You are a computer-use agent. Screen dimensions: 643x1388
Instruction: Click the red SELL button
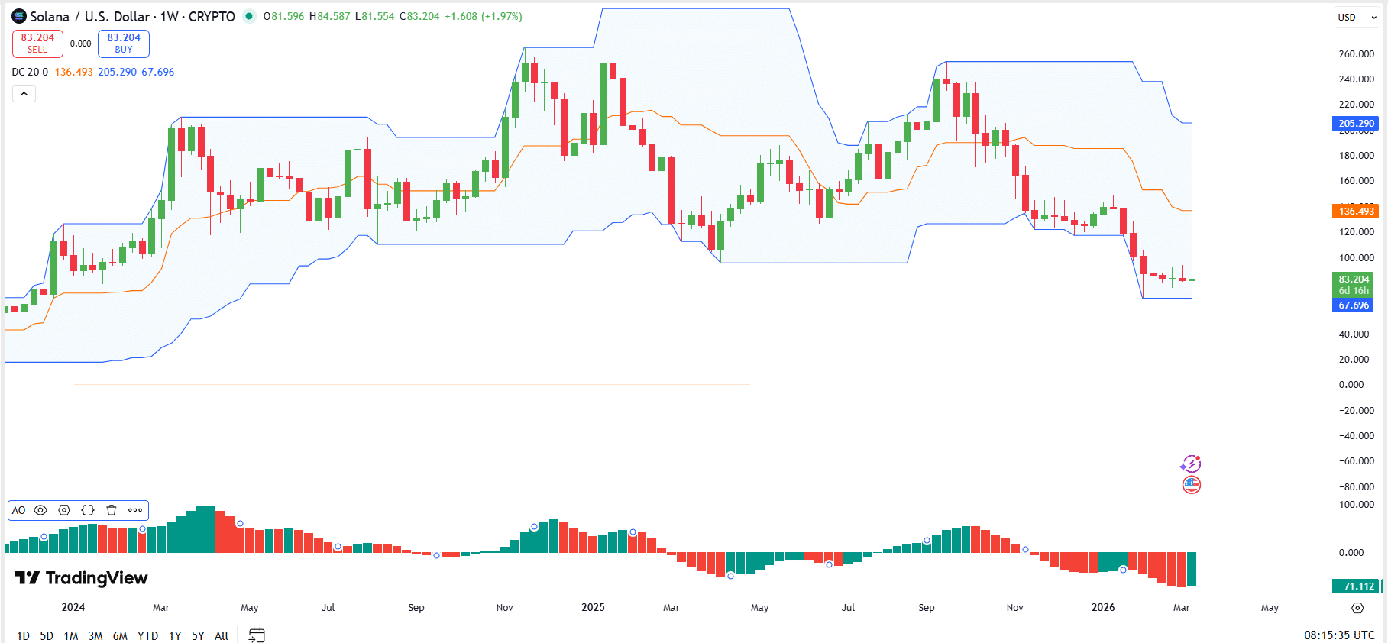pos(37,44)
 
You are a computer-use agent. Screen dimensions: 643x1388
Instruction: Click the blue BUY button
pos(124,44)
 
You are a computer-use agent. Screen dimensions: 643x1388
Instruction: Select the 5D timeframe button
pos(47,635)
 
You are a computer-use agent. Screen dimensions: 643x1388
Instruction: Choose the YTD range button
pos(147,635)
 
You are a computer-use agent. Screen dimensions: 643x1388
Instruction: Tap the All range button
pos(222,635)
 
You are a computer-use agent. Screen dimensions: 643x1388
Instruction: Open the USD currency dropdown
pos(1356,18)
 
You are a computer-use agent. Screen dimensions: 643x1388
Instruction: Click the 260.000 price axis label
pos(1356,54)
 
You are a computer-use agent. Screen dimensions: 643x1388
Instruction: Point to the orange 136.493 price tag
pos(1356,212)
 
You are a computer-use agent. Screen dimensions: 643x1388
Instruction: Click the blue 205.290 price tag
pos(1356,124)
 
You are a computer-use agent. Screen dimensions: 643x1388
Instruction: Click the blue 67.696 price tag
pos(1354,305)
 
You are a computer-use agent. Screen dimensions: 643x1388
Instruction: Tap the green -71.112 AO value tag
pos(1356,586)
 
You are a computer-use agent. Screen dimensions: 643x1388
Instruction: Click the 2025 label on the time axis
pos(593,608)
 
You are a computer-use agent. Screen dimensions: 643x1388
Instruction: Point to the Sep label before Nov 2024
pos(416,608)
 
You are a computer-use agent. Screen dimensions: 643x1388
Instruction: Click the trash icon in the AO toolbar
pos(112,510)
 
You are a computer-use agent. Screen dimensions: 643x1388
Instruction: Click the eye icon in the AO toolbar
pos(41,510)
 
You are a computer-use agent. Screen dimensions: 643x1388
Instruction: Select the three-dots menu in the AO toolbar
pos(135,510)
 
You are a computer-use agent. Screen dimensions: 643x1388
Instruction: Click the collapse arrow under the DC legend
pos(24,94)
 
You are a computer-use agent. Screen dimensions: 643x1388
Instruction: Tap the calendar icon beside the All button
pos(257,635)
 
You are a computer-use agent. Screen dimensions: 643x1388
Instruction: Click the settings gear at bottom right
pos(1357,608)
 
